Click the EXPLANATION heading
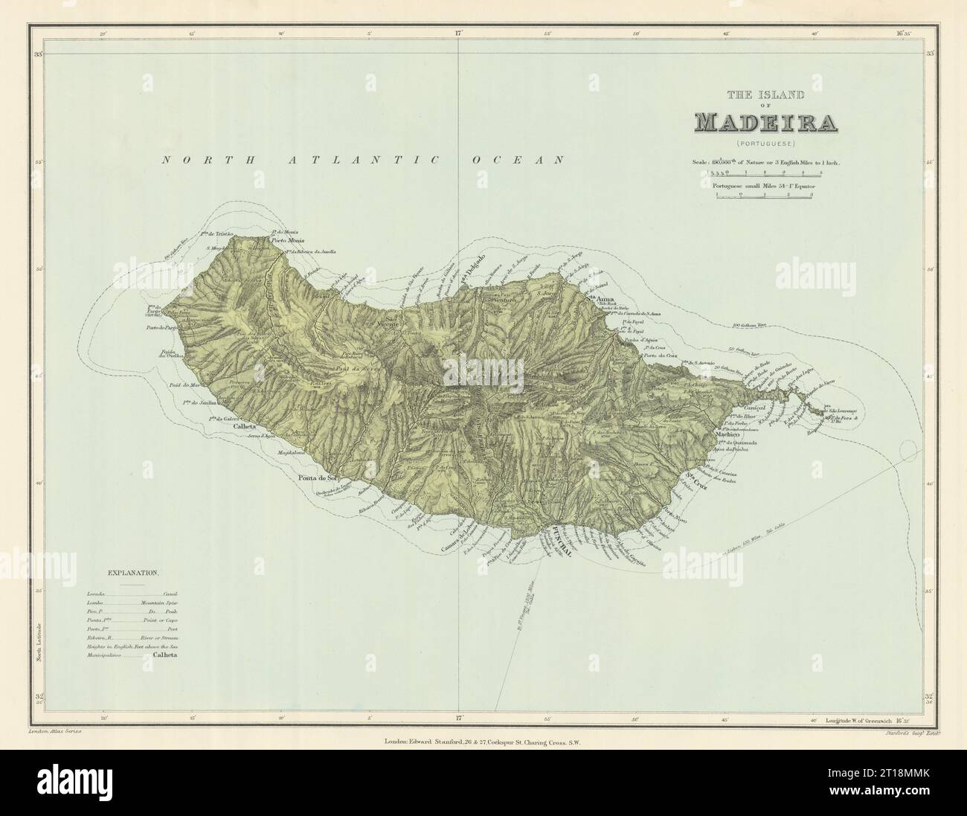pyautogui.click(x=133, y=574)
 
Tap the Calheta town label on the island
pyautogui.click(x=224, y=427)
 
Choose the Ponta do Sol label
pyautogui.click(x=318, y=477)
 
